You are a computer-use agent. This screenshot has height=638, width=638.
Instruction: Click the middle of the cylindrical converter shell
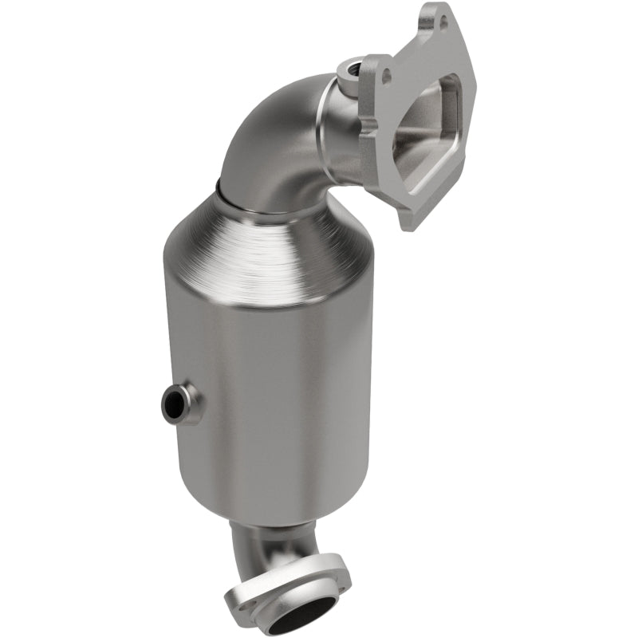[x=271, y=399]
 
